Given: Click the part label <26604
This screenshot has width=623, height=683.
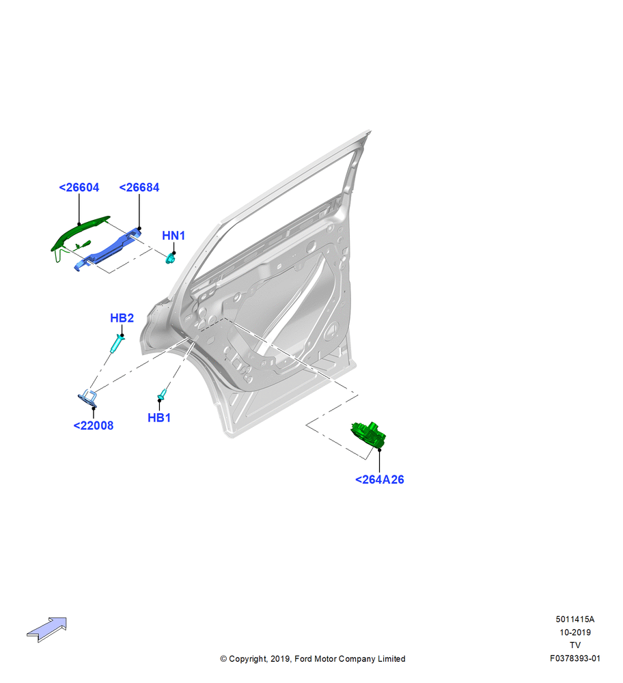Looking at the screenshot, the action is point(79,187).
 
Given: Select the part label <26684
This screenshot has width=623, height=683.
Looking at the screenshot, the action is point(139,187).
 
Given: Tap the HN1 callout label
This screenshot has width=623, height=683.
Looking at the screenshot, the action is point(174,236).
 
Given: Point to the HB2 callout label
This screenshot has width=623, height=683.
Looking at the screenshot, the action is point(122,318).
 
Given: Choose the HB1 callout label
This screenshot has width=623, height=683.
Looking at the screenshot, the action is point(159,418).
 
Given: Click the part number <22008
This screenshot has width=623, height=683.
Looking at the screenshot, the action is point(93,426).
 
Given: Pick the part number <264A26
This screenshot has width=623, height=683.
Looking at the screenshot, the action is point(379,479).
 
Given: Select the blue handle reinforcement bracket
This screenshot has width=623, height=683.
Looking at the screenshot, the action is point(109,249).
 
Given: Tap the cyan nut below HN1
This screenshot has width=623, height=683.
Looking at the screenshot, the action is point(170,259).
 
